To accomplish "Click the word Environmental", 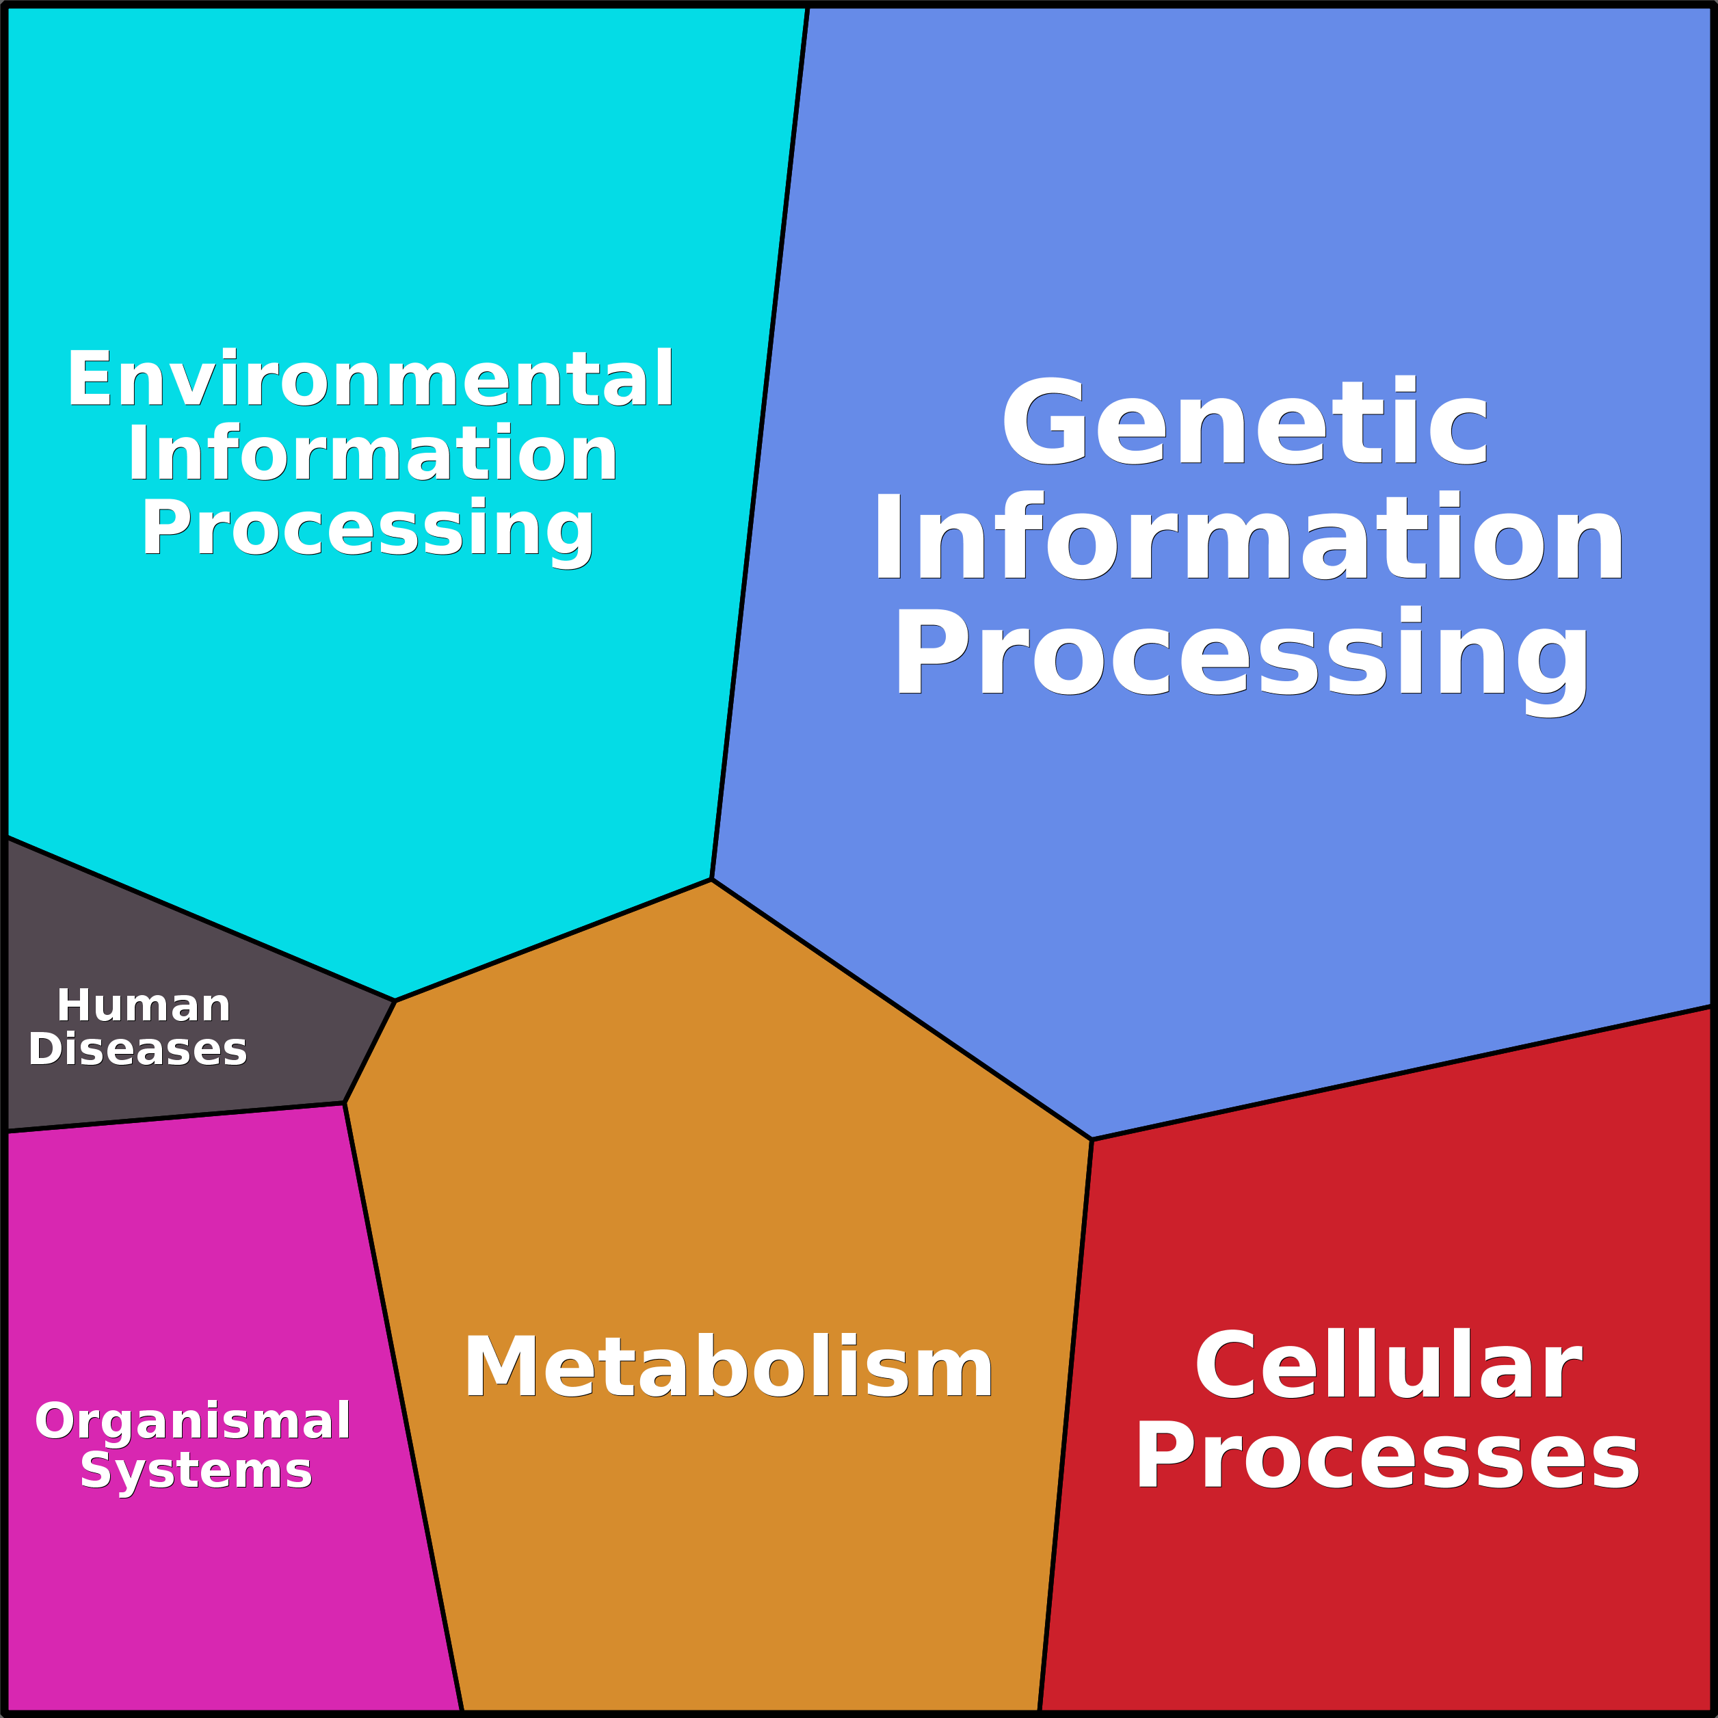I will (x=370, y=380).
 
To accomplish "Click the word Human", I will (x=144, y=1007).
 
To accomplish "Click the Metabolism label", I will (x=728, y=1368).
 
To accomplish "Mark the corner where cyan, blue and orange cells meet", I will (x=711, y=880).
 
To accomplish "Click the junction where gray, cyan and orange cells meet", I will (x=395, y=1001).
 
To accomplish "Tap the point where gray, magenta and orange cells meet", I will (x=345, y=1104).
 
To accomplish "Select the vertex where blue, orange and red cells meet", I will (x=1091, y=1139).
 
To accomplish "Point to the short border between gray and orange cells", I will (x=370, y=1053).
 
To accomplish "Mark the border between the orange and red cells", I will (x=1066, y=1423).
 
